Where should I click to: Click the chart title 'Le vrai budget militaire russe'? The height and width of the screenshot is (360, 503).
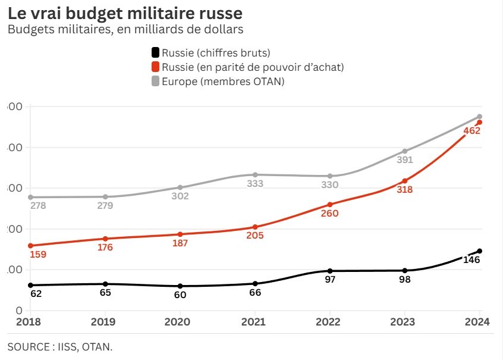[125, 12]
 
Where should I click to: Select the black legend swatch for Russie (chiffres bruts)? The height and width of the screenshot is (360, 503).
[156, 53]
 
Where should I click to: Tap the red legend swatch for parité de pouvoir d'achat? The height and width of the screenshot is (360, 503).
[156, 67]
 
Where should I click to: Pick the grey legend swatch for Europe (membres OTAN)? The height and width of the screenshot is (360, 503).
[156, 81]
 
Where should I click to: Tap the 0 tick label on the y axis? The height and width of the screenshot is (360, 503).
[19, 311]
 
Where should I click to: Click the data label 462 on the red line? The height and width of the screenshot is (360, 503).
[471, 131]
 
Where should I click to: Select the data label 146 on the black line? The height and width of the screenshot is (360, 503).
[471, 259]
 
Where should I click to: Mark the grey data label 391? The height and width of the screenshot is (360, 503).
[404, 160]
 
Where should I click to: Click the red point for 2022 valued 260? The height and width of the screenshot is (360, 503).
[330, 204]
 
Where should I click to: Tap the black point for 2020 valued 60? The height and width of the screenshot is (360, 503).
[180, 286]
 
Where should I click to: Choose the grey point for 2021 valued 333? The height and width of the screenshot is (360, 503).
[255, 174]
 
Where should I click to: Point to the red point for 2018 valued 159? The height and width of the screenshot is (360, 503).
[30, 245]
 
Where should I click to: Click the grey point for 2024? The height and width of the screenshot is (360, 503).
[480, 116]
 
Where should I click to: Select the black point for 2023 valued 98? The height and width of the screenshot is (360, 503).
[405, 271]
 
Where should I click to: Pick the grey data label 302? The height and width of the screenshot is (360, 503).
[180, 196]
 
